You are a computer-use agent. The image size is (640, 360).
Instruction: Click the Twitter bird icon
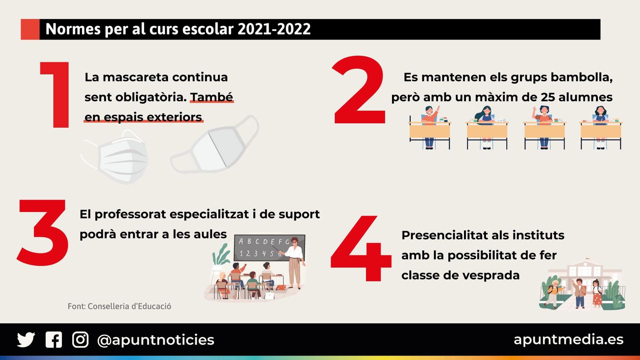(x=26, y=340)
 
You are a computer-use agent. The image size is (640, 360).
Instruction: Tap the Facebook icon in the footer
(x=54, y=340)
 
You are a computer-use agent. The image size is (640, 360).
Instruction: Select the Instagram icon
(x=80, y=340)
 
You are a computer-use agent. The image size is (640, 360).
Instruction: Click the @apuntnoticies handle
(x=156, y=340)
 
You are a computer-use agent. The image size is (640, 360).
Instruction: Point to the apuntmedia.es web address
(x=568, y=339)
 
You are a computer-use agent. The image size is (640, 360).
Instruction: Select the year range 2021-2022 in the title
(x=274, y=29)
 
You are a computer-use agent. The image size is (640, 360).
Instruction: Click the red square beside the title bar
(x=30, y=29)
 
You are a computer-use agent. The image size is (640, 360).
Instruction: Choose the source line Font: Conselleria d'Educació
(x=119, y=306)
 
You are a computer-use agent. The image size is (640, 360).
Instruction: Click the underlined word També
(x=211, y=97)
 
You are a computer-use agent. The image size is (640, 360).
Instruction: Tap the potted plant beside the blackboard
(x=221, y=255)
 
